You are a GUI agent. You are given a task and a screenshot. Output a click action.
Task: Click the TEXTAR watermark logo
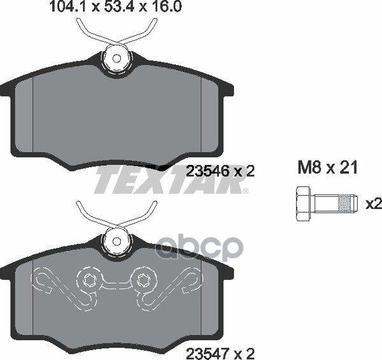171,182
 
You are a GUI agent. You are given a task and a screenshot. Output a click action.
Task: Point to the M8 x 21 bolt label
327,168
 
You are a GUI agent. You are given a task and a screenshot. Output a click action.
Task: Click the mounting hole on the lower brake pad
117,241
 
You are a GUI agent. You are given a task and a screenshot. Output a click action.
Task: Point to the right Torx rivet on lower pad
144,278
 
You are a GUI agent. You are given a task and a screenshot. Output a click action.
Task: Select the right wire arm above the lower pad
148,212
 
